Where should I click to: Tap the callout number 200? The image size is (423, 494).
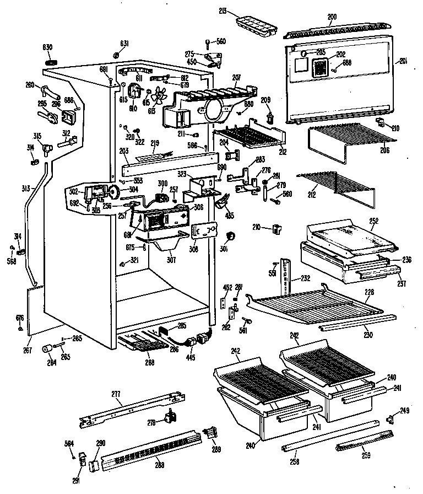pos(332,17)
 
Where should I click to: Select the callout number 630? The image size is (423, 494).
pos(47,48)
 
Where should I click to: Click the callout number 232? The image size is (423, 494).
pos(305,278)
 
